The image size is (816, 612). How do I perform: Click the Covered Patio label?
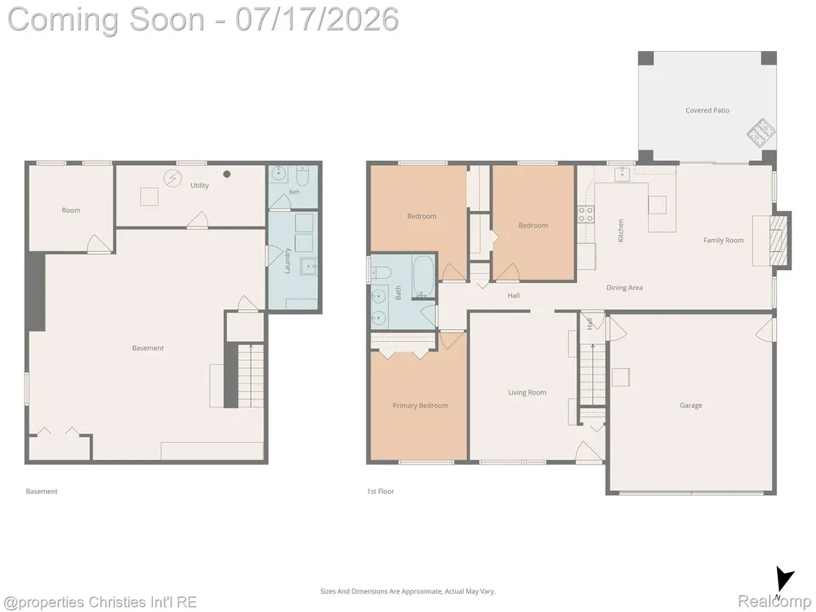[x=707, y=110]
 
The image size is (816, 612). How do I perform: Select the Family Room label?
[x=724, y=241]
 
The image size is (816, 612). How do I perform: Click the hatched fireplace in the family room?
[x=779, y=240]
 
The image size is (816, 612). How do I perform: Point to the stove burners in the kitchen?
[x=586, y=214]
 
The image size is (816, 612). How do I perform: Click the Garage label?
[x=691, y=406]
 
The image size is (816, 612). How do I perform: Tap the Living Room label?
[x=528, y=393]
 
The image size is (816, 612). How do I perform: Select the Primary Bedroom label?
[x=420, y=406]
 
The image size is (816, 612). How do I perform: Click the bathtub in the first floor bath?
[x=422, y=276]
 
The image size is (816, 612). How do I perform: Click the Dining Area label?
[x=625, y=288]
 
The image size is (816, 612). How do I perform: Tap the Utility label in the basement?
[x=199, y=185]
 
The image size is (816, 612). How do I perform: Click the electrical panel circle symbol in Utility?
[x=172, y=178]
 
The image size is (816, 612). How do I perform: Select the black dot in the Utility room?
[x=227, y=175]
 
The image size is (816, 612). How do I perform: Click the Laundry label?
[x=287, y=261]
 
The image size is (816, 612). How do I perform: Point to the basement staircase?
[x=251, y=376]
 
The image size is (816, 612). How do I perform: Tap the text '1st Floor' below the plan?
[x=380, y=491]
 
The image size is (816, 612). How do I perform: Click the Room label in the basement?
[x=71, y=210]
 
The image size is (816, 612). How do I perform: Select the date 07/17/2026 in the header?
[x=317, y=19]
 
